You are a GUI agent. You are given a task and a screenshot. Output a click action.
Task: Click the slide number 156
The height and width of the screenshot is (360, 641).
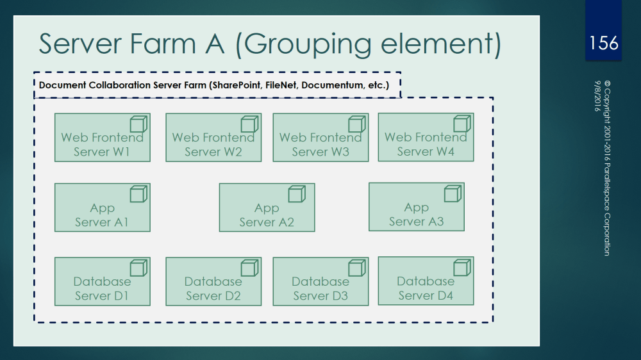pos(603,43)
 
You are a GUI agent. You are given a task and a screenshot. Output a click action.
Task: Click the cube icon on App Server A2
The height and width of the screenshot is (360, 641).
pos(296,193)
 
